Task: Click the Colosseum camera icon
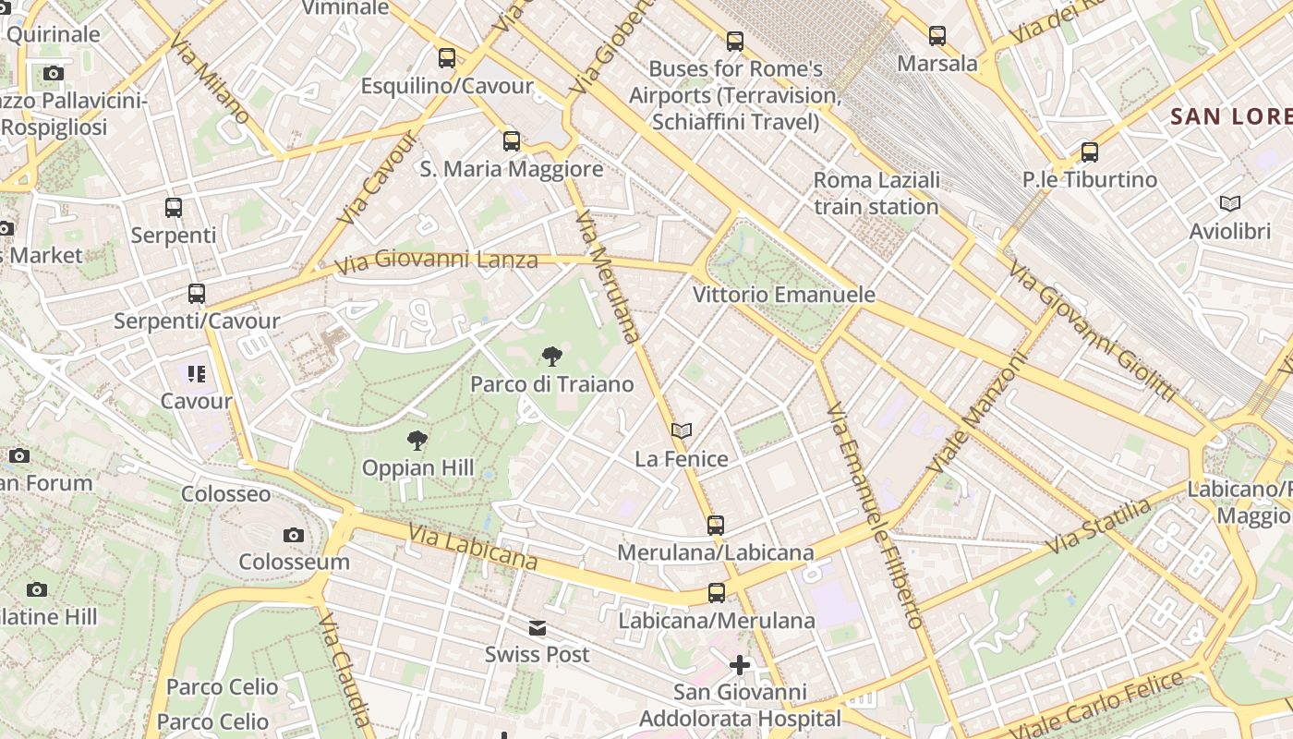coord(294,535)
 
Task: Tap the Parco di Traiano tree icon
coord(552,357)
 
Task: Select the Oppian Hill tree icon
coord(417,441)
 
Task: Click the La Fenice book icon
coord(682,430)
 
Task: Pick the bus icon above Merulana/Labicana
coord(716,526)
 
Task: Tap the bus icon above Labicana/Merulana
coord(717,593)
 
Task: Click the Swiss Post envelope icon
coord(538,628)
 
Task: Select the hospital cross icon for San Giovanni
coord(740,664)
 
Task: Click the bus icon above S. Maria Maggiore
coord(512,141)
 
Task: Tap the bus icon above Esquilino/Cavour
coord(447,58)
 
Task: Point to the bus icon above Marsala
coord(937,36)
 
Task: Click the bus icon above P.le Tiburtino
coord(1090,152)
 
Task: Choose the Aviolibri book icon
coord(1230,203)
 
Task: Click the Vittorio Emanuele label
coord(784,295)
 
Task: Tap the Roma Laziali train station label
coord(876,193)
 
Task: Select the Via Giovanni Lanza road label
coord(436,261)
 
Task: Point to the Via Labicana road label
coord(473,546)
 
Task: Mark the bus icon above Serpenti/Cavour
coord(197,294)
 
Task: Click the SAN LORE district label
coord(1230,116)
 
